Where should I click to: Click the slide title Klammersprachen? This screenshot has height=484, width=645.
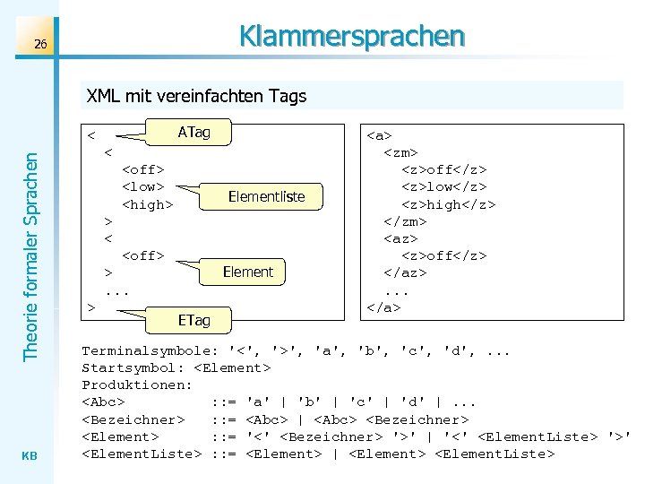tap(351, 36)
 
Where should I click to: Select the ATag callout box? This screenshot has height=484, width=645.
tap(193, 133)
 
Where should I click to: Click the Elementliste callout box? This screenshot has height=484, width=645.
tap(266, 196)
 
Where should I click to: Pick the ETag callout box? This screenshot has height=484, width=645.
tap(193, 319)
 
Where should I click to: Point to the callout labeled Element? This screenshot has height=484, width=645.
tap(247, 272)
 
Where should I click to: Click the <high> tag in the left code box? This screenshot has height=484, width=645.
tap(147, 203)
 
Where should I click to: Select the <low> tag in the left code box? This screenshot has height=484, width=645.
tap(143, 186)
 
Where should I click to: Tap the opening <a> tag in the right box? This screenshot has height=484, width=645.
tap(380, 135)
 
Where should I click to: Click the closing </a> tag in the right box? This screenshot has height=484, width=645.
tap(383, 307)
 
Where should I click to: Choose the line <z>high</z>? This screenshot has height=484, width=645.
tap(448, 203)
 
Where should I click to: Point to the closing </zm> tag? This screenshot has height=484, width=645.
tap(405, 220)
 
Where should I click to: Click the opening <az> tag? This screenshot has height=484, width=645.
tap(401, 238)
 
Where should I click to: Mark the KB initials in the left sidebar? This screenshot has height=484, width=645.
tap(29, 454)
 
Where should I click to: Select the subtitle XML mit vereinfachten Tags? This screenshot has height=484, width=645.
tap(196, 96)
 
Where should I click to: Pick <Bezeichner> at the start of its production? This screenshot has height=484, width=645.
tap(133, 419)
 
